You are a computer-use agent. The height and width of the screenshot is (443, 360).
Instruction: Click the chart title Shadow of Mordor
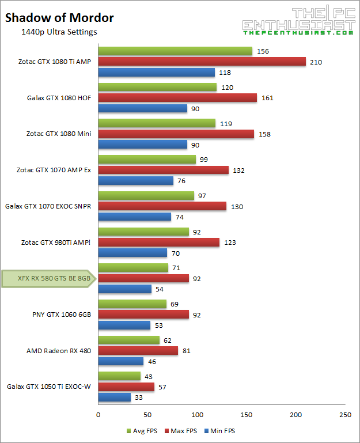coord(59,18)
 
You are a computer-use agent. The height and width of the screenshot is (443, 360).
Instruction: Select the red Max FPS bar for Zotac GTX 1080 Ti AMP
coord(202,62)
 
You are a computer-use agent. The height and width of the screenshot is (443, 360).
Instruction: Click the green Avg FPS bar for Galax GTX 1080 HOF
coord(157,88)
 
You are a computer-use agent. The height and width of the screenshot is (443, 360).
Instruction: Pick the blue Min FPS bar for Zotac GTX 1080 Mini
coord(143,145)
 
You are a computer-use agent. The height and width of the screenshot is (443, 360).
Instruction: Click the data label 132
coord(238,170)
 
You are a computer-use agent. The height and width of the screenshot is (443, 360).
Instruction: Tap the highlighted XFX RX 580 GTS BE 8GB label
coord(46,278)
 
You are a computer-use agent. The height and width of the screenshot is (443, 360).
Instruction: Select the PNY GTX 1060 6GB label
coord(62,315)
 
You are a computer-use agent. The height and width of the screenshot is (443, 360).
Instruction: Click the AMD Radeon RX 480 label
coord(58,351)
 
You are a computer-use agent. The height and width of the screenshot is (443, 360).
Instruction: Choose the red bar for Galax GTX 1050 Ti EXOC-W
coord(126,387)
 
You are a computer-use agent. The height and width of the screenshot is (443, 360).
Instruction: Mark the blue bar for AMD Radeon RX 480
coord(121,362)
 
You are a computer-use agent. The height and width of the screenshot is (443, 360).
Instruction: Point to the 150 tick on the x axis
coord(247,415)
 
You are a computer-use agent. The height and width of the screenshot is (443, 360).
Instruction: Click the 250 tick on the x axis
coord(345,415)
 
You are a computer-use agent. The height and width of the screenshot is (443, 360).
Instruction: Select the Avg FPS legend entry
coord(141,431)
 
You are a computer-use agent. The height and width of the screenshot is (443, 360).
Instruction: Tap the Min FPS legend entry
coord(220,431)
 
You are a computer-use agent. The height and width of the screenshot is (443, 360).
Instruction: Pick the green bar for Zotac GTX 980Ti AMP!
coord(143,232)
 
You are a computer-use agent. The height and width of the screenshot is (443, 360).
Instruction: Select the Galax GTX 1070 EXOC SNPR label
coord(48,206)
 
